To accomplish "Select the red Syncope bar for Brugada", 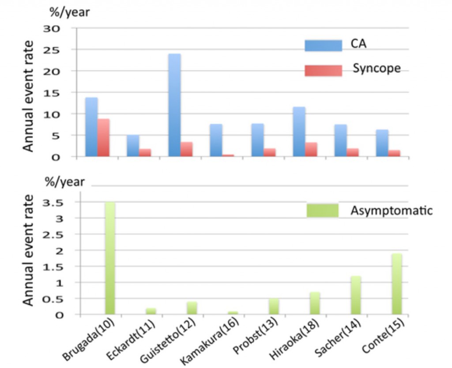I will pyautogui.click(x=103, y=137).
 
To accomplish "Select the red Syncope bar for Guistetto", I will pyautogui.click(x=186, y=149).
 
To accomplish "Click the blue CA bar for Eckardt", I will pyautogui.click(x=133, y=146).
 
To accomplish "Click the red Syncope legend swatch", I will pyautogui.click(x=323, y=70).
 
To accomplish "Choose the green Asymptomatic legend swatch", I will pyautogui.click(x=322, y=210).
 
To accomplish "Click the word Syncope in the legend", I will pyautogui.click(x=377, y=69).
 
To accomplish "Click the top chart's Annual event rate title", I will pyautogui.click(x=29, y=96).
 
